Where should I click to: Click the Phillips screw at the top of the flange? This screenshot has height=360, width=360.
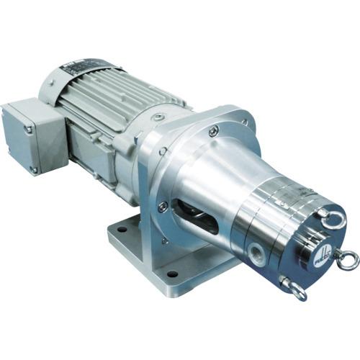click(214, 130)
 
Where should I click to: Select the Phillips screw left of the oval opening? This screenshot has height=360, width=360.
click(163, 206)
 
